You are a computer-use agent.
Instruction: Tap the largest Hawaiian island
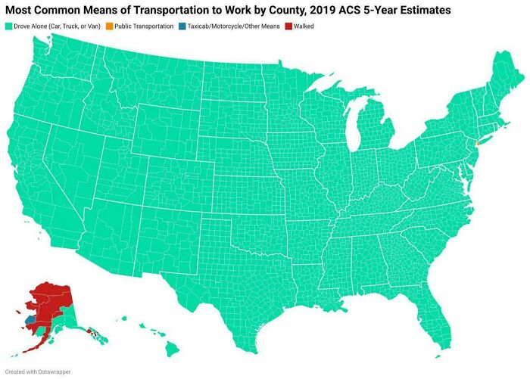(172, 348)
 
